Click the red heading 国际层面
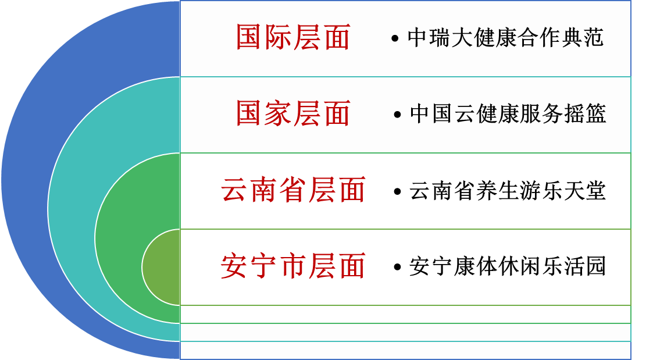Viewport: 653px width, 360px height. [293, 37]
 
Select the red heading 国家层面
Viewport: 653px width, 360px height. [293, 113]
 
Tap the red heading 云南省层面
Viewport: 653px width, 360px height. [293, 190]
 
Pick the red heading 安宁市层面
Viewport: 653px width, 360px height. [293, 266]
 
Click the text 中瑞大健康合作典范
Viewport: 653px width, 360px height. [505, 38]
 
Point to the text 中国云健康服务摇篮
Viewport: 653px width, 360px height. [508, 114]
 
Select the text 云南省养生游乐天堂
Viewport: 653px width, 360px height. [507, 191]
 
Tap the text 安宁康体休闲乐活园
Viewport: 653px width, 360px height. [507, 267]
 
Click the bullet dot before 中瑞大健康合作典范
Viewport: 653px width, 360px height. [395, 39]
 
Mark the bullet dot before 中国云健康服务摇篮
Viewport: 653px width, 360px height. [397, 115]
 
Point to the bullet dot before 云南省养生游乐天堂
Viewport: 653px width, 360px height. [397, 192]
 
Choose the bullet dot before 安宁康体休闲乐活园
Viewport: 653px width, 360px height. [397, 268]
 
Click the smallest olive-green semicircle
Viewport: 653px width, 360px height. [162, 267]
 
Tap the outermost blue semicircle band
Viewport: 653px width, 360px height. [25, 180]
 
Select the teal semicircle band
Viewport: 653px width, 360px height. [71, 209]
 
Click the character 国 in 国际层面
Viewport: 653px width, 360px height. [249, 37]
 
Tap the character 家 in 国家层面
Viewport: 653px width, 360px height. [279, 113]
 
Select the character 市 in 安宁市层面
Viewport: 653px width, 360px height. [293, 266]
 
